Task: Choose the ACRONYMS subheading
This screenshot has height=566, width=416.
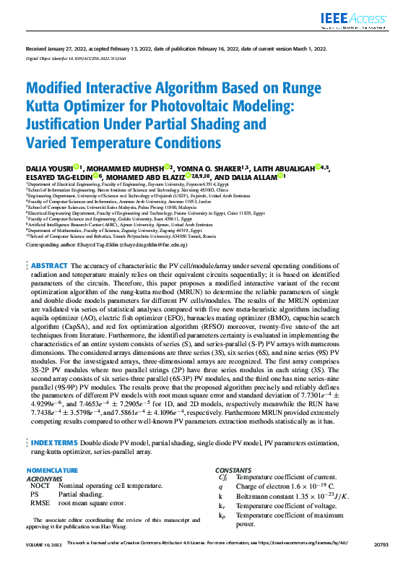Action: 44,478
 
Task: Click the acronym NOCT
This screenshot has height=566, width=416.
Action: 39,486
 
